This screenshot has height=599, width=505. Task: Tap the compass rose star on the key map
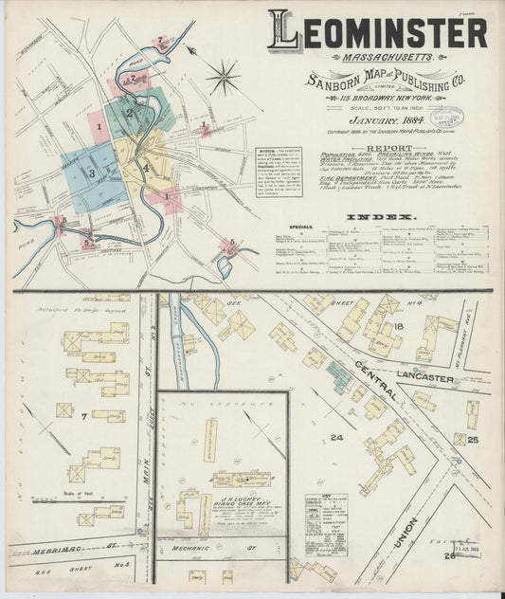(225, 75)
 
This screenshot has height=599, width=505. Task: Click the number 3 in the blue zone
(91, 173)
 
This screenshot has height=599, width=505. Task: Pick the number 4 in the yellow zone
(146, 170)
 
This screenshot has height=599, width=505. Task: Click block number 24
(336, 437)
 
